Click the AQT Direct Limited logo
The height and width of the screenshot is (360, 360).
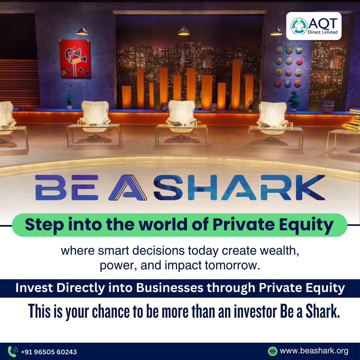click(x=314, y=26)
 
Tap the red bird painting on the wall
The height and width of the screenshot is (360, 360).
click(x=75, y=59)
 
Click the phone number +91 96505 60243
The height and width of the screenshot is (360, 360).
click(x=49, y=352)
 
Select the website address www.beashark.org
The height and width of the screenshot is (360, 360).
click(x=314, y=351)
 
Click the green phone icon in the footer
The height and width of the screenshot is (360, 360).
click(x=13, y=352)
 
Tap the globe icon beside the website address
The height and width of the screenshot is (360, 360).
click(x=273, y=351)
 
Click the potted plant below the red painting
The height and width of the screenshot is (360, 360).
click(x=69, y=100)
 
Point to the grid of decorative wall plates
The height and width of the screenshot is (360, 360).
click(x=289, y=67)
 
